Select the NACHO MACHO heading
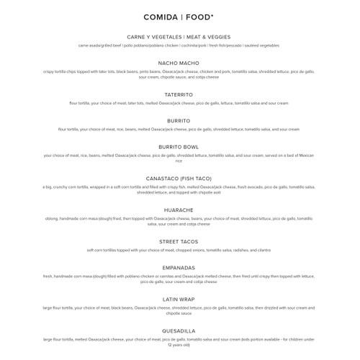(179, 63)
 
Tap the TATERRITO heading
(179, 94)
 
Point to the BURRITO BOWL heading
(179, 146)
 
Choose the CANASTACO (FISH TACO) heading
(179, 178)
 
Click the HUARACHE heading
(179, 210)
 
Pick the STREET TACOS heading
(179, 241)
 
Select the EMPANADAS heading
(179, 267)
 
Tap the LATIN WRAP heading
(179, 299)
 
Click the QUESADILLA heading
(179, 330)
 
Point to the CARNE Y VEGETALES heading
(179, 37)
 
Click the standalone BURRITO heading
(179, 120)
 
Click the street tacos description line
(179, 250)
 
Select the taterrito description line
(179, 103)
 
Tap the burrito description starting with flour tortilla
(179, 129)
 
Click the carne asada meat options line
(179, 45)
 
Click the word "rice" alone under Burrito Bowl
(179, 161)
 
